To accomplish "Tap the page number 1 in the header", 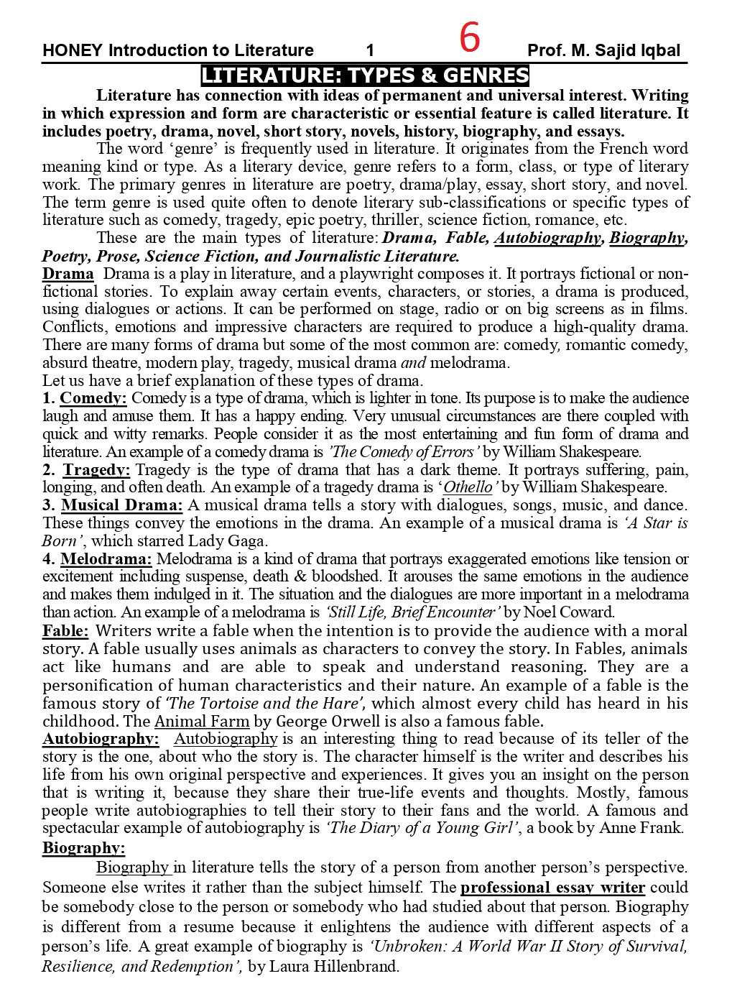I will point(370,50).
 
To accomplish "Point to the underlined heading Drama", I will point(68,274).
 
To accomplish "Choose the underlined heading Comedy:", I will point(93,398).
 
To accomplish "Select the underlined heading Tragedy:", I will point(96,470).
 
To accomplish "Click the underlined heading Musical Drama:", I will point(121,505).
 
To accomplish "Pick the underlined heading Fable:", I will point(65,631).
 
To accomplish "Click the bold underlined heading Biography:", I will point(83,847).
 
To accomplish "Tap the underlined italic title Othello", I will point(468,487).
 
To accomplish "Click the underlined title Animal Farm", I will point(202,721).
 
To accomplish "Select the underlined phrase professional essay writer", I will point(552,887).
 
